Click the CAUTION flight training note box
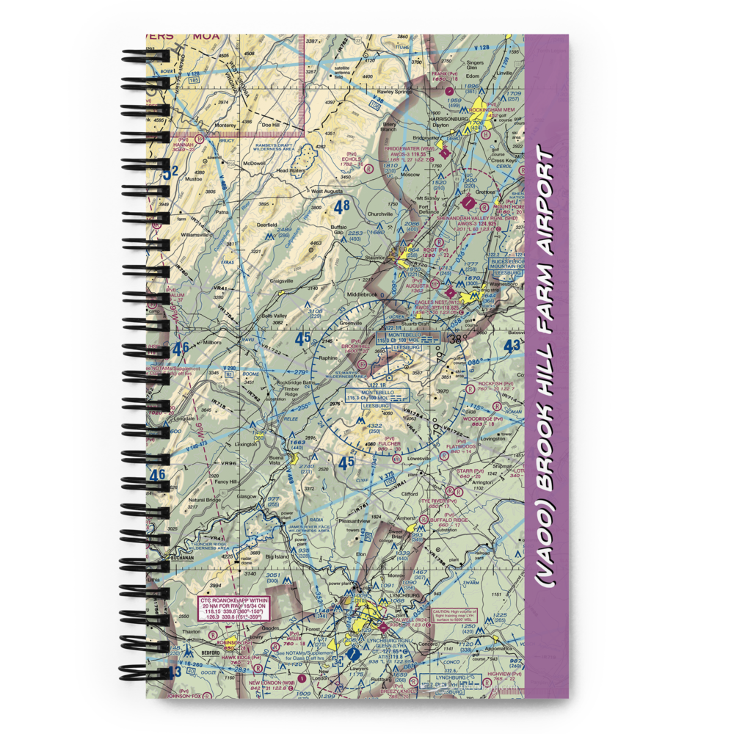462,614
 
